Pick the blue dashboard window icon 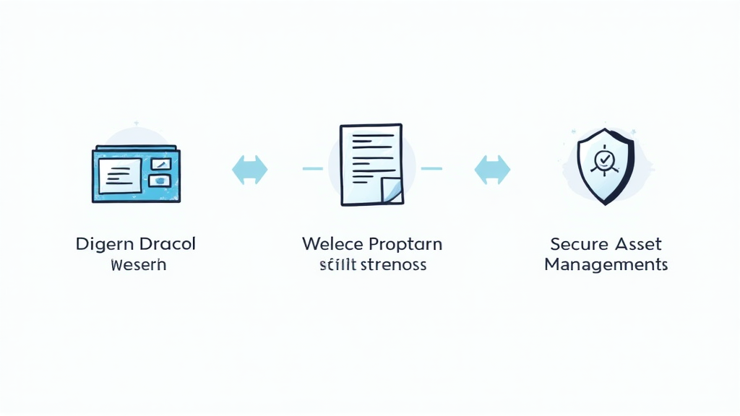click(x=137, y=175)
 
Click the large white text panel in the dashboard click(x=120, y=175)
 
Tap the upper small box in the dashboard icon click(x=160, y=164)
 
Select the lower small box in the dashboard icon click(x=159, y=181)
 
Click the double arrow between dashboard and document click(x=249, y=170)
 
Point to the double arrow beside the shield click(x=492, y=170)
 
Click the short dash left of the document click(x=312, y=169)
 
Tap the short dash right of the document click(x=431, y=169)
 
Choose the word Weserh click(x=138, y=264)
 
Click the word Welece click(x=331, y=243)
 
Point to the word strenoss click(x=393, y=264)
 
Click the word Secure click(x=575, y=243)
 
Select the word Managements click(x=606, y=264)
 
